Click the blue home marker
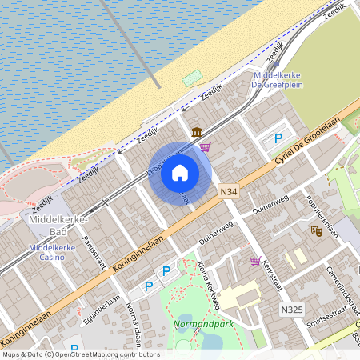(180, 173)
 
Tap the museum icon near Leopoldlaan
(196, 131)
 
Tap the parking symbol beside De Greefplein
(278, 138)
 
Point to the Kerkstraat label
(272, 276)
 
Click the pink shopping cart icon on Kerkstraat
(255, 261)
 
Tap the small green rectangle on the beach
(193, 78)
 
